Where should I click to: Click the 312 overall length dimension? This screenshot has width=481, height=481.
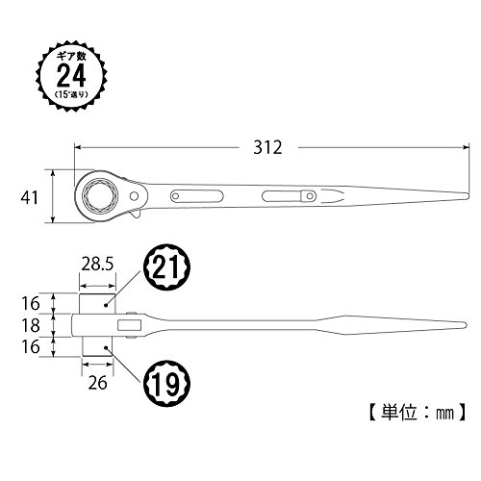[x=267, y=147]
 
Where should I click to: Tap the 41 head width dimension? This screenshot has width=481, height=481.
[x=30, y=197]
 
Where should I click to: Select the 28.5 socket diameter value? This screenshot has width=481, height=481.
[x=97, y=265]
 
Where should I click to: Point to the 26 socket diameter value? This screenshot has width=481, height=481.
[x=97, y=383]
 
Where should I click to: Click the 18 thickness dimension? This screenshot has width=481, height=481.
[x=31, y=325]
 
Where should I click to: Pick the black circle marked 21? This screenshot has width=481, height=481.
[x=166, y=266]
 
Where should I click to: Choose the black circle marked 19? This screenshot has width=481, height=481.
[x=166, y=383]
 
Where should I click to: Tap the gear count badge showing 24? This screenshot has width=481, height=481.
[x=71, y=76]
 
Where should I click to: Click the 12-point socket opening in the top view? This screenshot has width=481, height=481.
[x=100, y=195]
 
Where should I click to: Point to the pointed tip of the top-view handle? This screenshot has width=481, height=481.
[x=468, y=195]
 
